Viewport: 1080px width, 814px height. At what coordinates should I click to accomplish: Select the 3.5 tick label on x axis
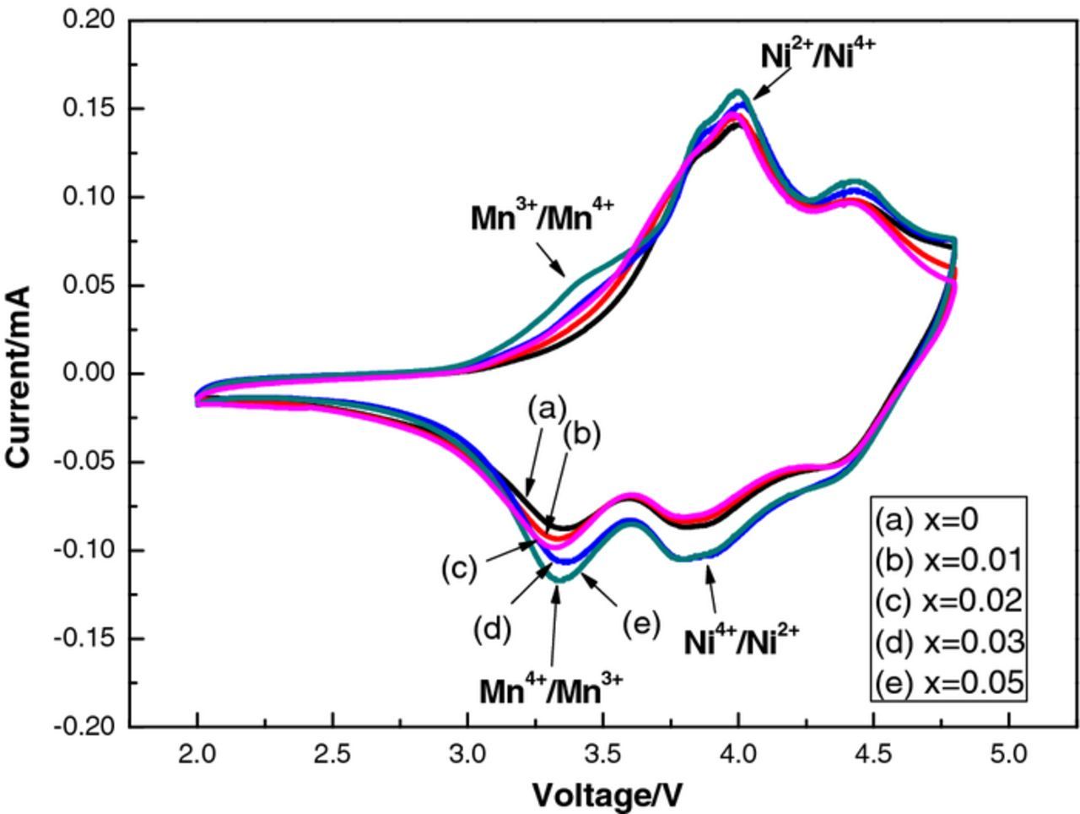(602, 753)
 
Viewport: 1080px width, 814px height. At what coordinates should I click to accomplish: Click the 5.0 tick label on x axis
(1008, 753)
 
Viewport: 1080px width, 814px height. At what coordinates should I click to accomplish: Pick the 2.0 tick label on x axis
(197, 753)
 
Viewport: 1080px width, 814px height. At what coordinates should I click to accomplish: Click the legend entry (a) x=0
(926, 518)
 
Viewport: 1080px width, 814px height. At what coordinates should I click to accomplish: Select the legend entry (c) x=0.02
(948, 600)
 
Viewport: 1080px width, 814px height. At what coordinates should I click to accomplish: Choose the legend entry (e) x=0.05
(948, 681)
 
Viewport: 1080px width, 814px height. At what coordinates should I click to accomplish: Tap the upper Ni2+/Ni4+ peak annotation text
(817, 54)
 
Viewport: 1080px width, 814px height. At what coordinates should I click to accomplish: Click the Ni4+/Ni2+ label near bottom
(740, 642)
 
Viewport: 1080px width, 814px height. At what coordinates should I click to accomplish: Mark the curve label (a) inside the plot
(546, 410)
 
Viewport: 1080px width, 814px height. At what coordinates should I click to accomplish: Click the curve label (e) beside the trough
(641, 625)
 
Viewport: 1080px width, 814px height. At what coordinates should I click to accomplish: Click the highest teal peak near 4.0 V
(738, 91)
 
